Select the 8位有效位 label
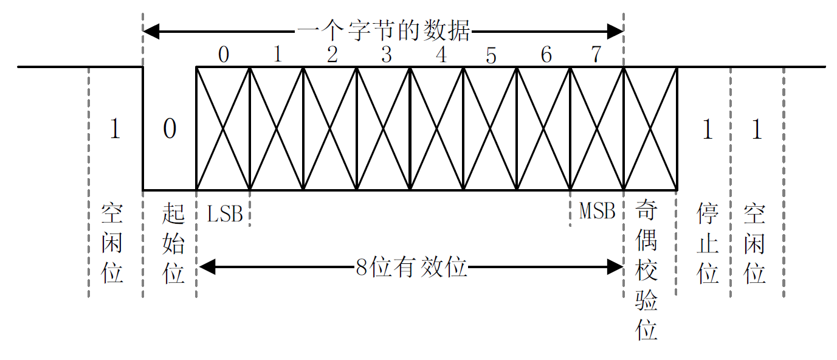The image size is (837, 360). click(412, 267)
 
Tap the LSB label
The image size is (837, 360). click(225, 213)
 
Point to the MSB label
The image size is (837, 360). click(597, 211)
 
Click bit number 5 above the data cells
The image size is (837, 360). click(491, 56)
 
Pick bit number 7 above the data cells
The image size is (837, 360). click(596, 55)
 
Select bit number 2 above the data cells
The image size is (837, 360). click(332, 55)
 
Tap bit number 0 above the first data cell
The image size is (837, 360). click(224, 55)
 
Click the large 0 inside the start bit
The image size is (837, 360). click(170, 129)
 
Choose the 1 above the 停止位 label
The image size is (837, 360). click(707, 129)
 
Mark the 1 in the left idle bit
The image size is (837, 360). click(114, 129)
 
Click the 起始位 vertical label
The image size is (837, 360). click(173, 243)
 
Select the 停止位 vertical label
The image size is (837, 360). click(708, 243)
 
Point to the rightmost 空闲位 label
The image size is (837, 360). click(754, 243)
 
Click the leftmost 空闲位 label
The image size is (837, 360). click(112, 243)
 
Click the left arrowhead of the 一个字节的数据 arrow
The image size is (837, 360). click(150, 30)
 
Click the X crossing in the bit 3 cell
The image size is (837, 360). click(383, 128)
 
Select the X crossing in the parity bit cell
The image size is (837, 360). click(651, 128)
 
